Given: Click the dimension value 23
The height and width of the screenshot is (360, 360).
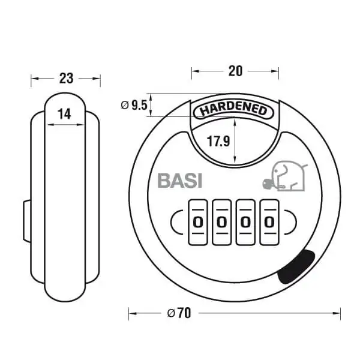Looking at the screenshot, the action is pyautogui.click(x=67, y=78).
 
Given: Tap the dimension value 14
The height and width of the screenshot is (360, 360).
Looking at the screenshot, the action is pyautogui.click(x=64, y=114).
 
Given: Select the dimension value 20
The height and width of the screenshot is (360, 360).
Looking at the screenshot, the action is pyautogui.click(x=235, y=71).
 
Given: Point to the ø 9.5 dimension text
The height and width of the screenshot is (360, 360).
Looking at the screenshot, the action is pyautogui.click(x=134, y=106).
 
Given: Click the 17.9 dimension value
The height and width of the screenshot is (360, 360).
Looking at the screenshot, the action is pyautogui.click(x=218, y=141).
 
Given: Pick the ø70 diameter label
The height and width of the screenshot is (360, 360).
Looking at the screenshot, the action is pyautogui.click(x=179, y=313).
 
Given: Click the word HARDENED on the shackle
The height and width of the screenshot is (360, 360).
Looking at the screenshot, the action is pyautogui.click(x=233, y=110).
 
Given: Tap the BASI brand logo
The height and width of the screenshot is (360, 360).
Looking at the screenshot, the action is pyautogui.click(x=180, y=181).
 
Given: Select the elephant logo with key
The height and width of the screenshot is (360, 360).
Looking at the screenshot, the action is pyautogui.click(x=285, y=176).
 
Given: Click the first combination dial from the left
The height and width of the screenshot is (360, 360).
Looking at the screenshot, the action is pyautogui.click(x=198, y=222).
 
